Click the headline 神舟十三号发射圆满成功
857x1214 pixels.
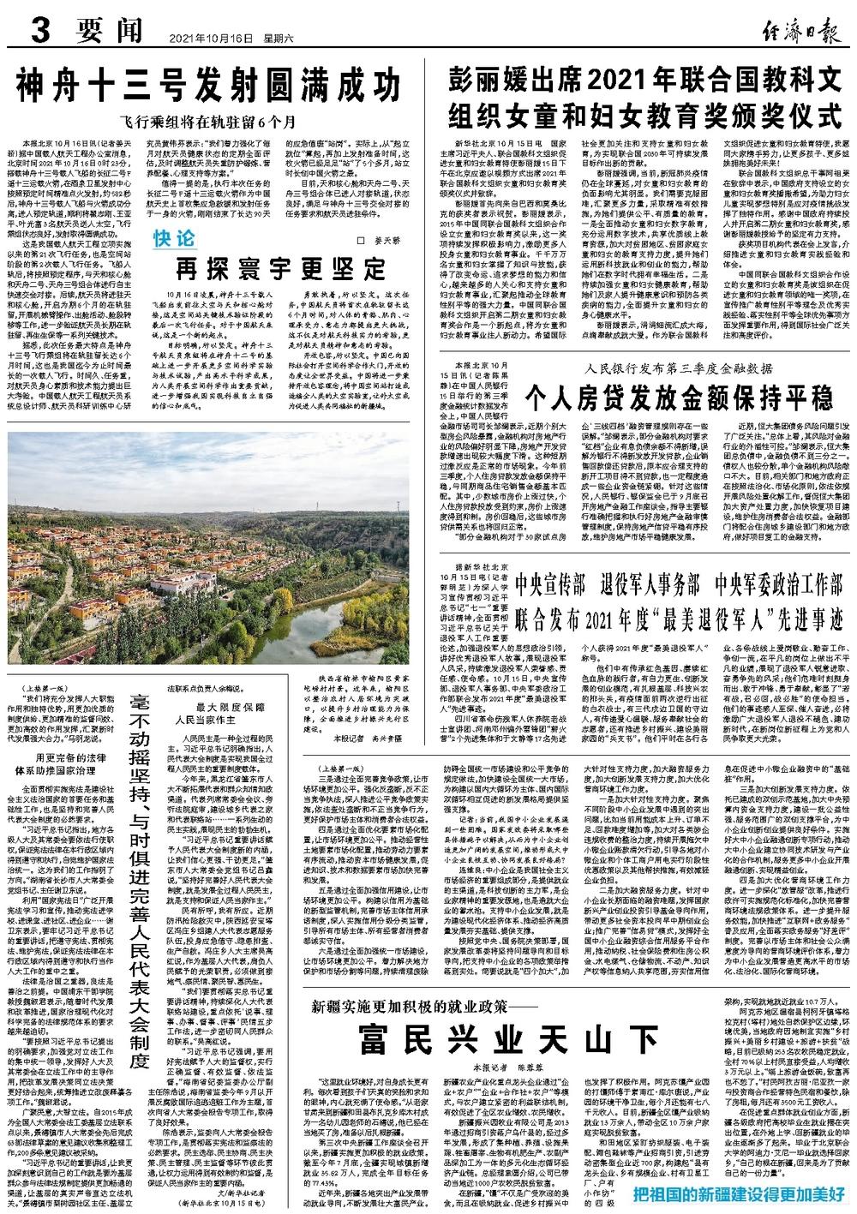[x=209, y=87]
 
